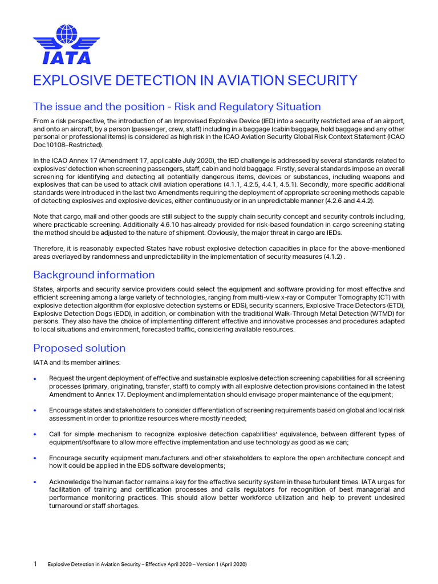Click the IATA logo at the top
(x=66, y=43)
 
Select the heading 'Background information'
(x=94, y=275)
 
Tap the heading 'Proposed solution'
(x=79, y=348)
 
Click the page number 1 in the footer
(x=35, y=564)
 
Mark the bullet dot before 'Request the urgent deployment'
(x=35, y=379)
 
